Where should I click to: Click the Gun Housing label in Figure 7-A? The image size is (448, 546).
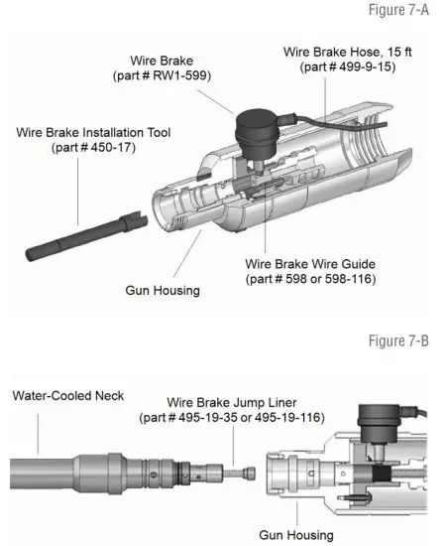tap(163, 291)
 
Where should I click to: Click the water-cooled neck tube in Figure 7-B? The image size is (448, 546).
tap(59, 467)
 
